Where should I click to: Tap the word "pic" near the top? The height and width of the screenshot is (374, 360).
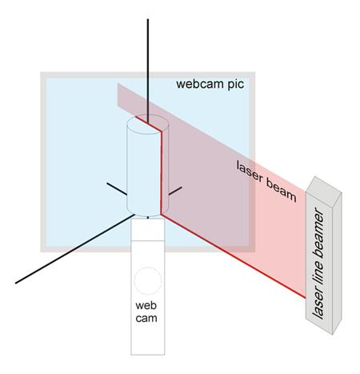pyautogui.click(x=236, y=85)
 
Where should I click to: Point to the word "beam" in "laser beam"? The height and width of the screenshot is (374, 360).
pyautogui.click(x=282, y=190)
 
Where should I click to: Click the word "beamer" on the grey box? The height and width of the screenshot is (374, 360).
pyautogui.click(x=318, y=234)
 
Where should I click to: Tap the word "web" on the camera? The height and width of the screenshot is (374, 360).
pyautogui.click(x=146, y=305)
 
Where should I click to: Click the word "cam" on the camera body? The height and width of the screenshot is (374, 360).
pyautogui.click(x=146, y=318)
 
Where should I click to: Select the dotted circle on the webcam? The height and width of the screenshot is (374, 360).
pyautogui.click(x=148, y=267)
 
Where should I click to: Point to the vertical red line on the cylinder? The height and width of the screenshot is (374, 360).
pyautogui.click(x=162, y=172)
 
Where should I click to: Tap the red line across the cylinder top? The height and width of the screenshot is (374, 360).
pyautogui.click(x=149, y=123)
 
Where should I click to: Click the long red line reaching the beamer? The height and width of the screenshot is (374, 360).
pyautogui.click(x=234, y=255)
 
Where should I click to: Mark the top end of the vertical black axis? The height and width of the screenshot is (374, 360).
pyautogui.click(x=148, y=19)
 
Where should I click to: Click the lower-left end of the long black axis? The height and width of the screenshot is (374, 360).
pyautogui.click(x=15, y=283)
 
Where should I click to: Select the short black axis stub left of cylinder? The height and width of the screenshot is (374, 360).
pyautogui.click(x=117, y=189)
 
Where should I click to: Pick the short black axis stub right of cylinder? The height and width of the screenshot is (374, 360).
pyautogui.click(x=175, y=191)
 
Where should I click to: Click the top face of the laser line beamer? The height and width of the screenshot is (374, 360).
pyautogui.click(x=324, y=185)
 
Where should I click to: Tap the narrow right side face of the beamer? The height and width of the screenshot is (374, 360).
pyautogui.click(x=337, y=263)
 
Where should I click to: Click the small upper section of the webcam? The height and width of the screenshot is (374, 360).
pyautogui.click(x=148, y=230)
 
